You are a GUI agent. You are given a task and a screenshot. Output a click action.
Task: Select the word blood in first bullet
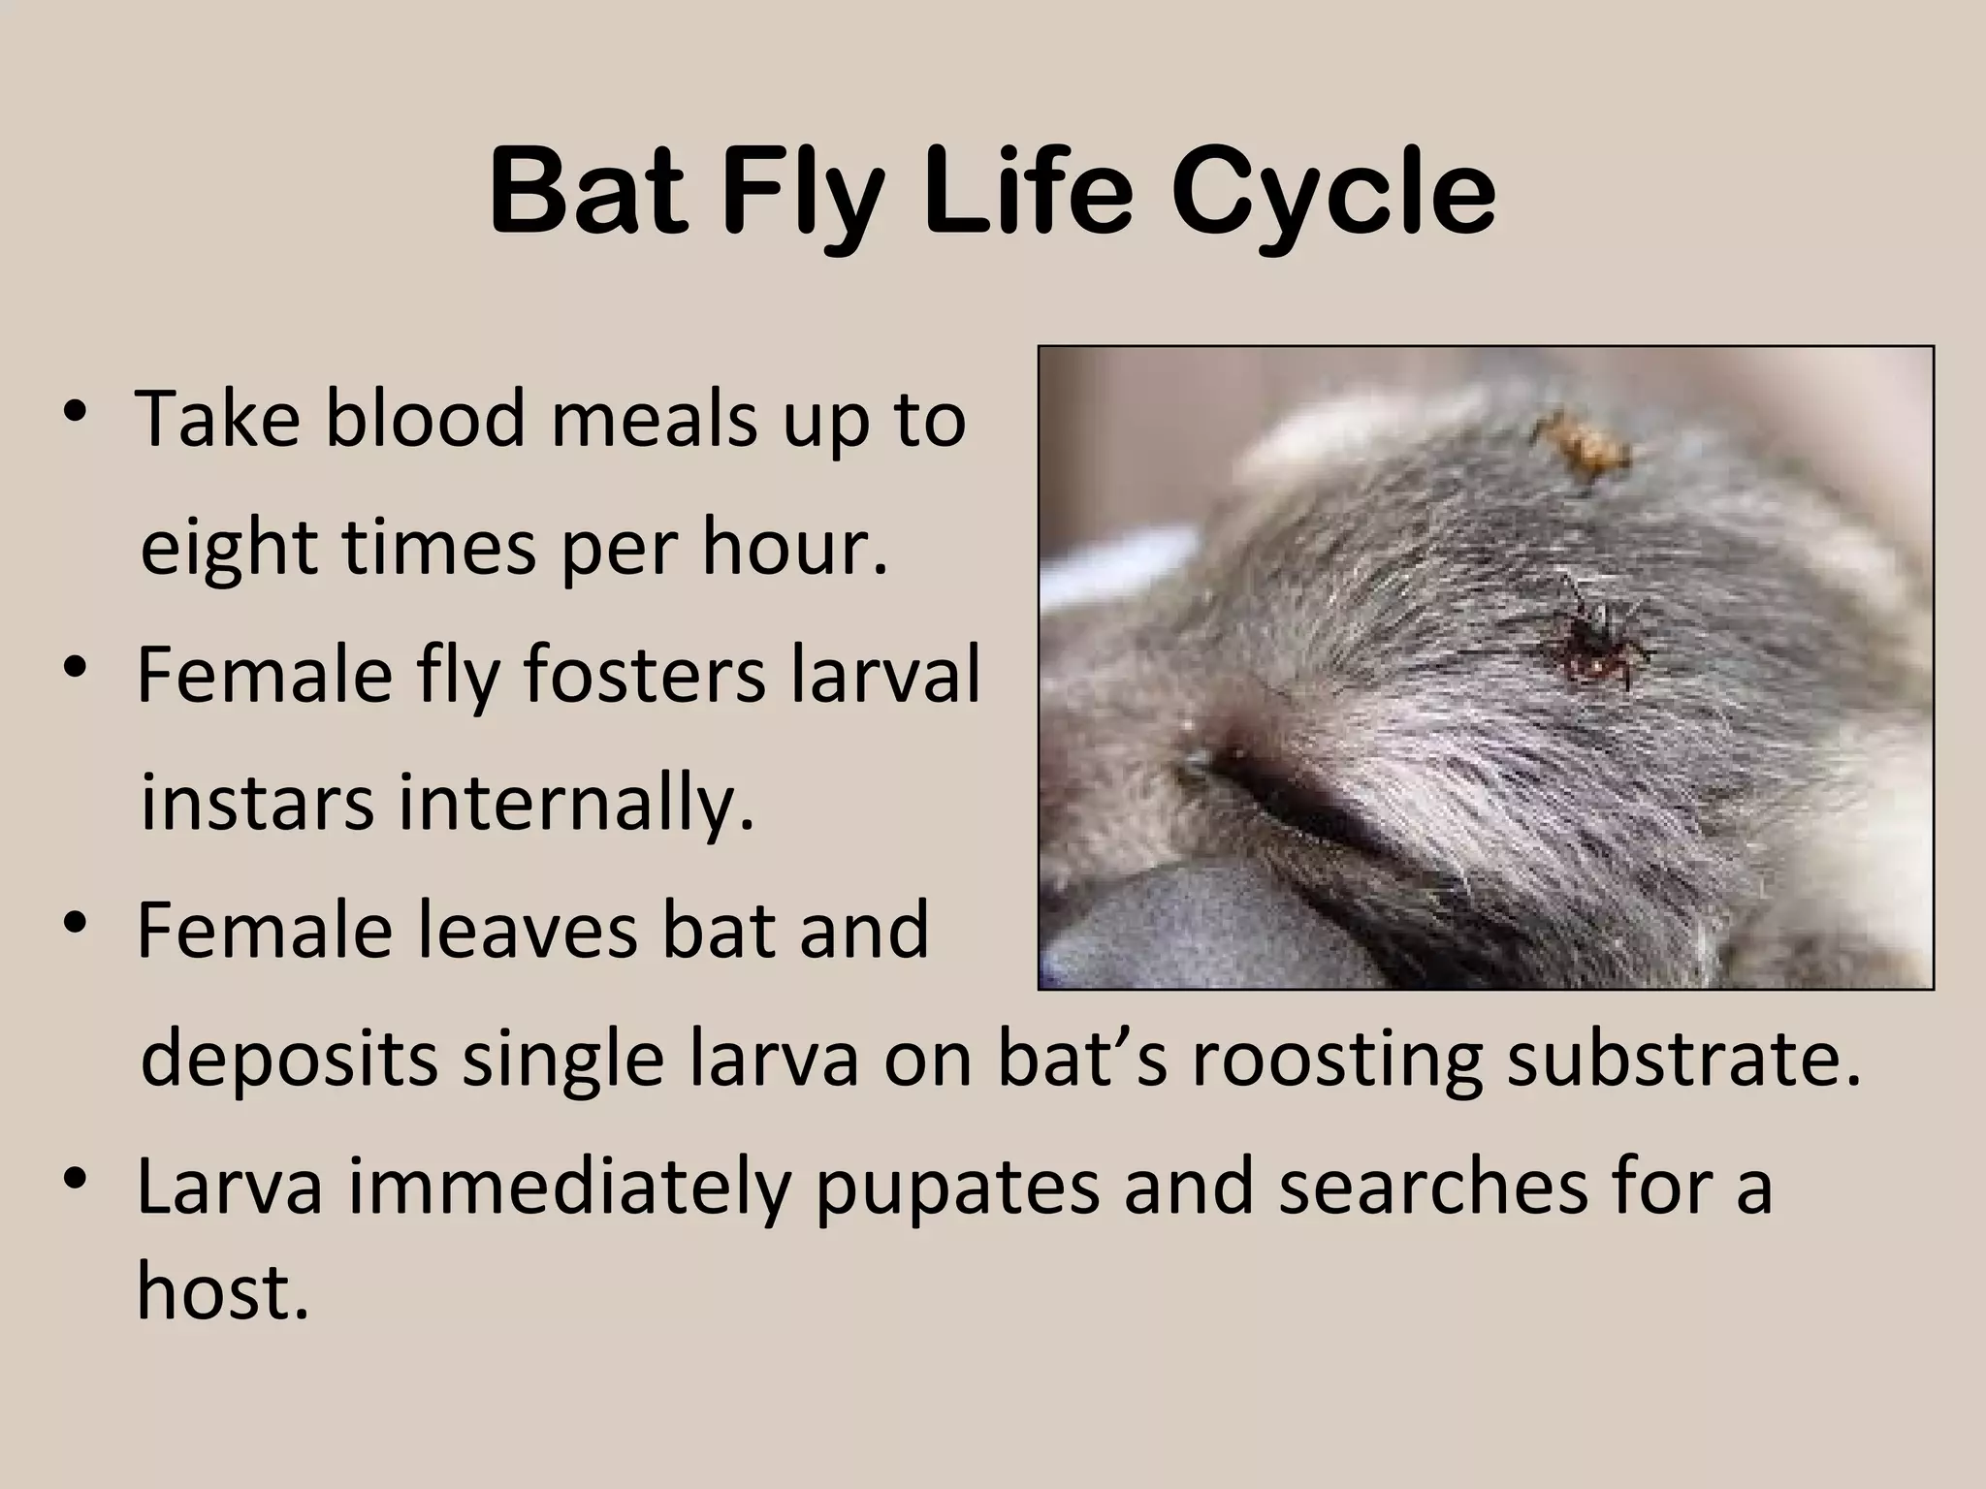click(425, 419)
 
